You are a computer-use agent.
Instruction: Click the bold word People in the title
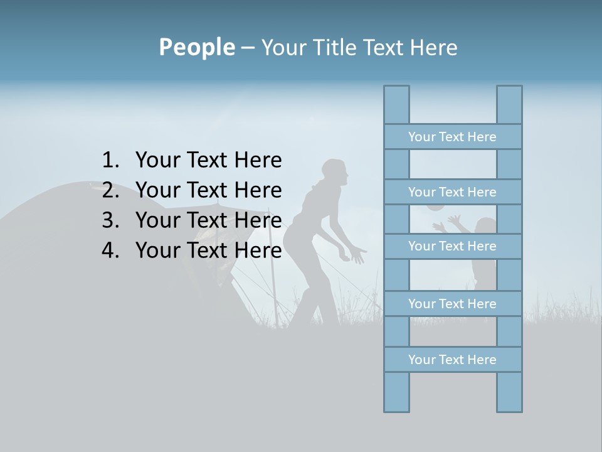196,47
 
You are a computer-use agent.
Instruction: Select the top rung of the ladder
452,137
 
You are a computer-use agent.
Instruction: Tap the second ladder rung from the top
452,192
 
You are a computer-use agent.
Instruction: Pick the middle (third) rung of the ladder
452,246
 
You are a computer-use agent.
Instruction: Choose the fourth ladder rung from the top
452,304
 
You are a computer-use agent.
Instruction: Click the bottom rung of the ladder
452,360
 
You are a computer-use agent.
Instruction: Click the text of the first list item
208,161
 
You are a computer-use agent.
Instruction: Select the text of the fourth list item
208,250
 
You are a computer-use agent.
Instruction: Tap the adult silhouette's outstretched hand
357,256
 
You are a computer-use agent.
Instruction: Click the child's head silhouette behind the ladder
485,225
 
